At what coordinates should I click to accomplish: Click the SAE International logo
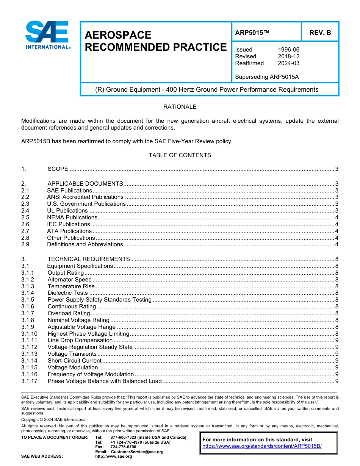(x=47, y=35)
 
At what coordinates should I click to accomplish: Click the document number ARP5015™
(x=252, y=33)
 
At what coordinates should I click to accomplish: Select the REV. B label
(x=320, y=33)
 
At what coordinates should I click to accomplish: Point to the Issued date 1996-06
(x=288, y=50)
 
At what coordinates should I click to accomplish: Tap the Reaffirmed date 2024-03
(x=288, y=63)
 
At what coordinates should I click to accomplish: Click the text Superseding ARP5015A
(x=267, y=77)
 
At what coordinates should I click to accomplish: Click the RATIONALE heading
(x=180, y=107)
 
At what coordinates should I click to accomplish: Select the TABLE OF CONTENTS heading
(x=180, y=155)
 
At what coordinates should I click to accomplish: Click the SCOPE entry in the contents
(x=58, y=169)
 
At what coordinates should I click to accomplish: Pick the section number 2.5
(x=25, y=217)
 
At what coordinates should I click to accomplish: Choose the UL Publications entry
(x=67, y=211)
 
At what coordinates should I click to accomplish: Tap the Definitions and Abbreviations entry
(x=85, y=244)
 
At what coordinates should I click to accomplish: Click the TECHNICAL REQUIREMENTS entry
(x=89, y=259)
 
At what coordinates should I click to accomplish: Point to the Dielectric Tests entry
(x=67, y=293)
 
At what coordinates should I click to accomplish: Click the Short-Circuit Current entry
(x=74, y=361)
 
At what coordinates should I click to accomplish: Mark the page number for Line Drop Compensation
(x=337, y=340)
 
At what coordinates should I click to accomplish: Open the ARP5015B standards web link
(x=262, y=446)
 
